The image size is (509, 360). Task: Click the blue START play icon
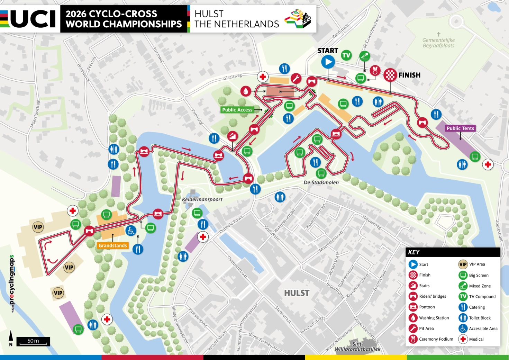pos(328,62)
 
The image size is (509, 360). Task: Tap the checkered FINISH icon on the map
pos(390,75)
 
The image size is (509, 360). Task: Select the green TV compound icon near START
pos(346,55)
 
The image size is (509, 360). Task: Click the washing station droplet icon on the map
pos(246,91)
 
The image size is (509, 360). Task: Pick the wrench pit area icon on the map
pos(296,79)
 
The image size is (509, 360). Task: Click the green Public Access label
pos(237,110)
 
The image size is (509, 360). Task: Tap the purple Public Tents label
pos(460,128)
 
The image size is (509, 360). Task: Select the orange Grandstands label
pos(113,245)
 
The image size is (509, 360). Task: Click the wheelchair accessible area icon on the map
pos(130,231)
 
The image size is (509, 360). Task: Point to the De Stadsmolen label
pos(321,182)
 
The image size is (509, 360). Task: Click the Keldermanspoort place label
pos(202,199)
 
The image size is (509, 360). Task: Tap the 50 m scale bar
pos(33,341)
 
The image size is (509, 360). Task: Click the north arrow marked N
pos(11,338)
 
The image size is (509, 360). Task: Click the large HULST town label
pos(297,293)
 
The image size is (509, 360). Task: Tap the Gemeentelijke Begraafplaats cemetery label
pos(438,43)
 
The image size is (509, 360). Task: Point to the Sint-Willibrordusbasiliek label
pos(357,346)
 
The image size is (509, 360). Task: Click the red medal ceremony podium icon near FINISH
pos(375,70)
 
